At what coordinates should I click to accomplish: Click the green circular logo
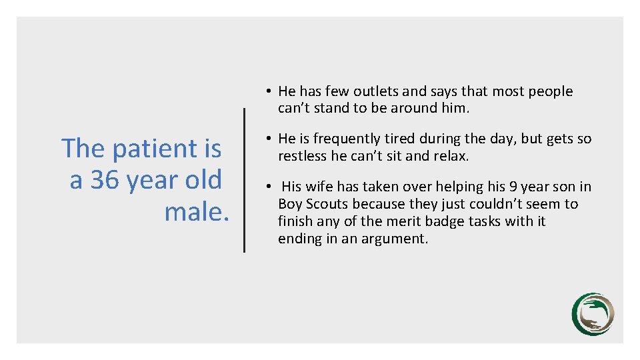point(593,314)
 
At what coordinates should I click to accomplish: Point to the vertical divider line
point(244,180)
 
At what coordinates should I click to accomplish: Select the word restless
point(303,156)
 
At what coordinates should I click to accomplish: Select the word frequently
point(346,139)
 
